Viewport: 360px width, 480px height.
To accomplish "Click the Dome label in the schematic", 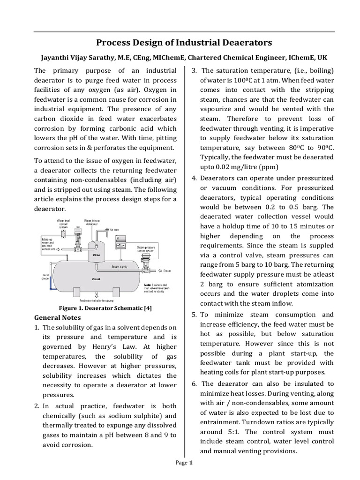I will pos(96,255).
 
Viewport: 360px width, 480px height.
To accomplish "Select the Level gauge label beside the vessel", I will pos(45,277).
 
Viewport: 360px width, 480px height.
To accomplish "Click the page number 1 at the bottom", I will pos(191,463).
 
